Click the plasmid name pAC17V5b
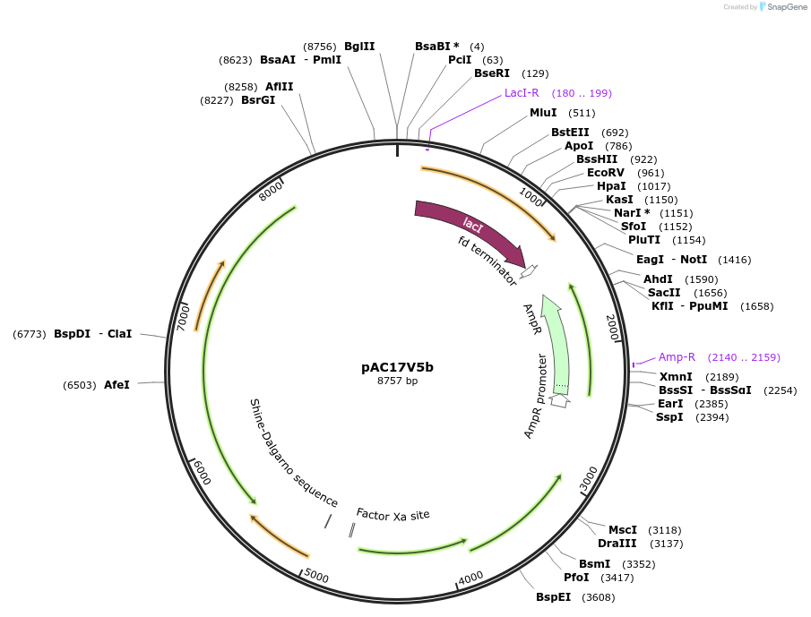397,366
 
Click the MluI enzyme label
543,113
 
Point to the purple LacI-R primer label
522,93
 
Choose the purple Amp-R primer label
677,356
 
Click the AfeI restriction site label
116,385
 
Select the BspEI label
553,596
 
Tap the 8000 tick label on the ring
271,190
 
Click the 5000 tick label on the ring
316,574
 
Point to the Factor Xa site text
393,514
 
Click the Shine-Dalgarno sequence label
293,454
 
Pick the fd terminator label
487,261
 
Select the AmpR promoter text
535,396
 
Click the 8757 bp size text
397,381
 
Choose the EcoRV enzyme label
606,173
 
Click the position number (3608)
598,596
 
